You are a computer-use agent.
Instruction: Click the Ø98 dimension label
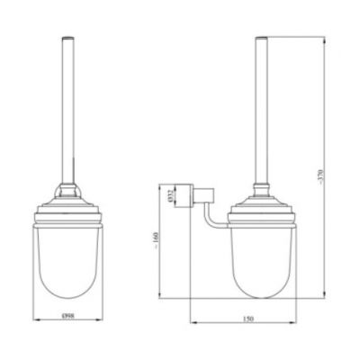pos(68,315)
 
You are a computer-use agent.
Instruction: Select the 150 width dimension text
pos(248,319)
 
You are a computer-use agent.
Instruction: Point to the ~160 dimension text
pos(157,240)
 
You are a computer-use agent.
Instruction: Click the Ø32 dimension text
pos(170,195)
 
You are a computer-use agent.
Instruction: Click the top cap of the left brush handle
pos(67,38)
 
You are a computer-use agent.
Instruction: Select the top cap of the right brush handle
pos(261,38)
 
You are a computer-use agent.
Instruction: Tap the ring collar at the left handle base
pos(67,191)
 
